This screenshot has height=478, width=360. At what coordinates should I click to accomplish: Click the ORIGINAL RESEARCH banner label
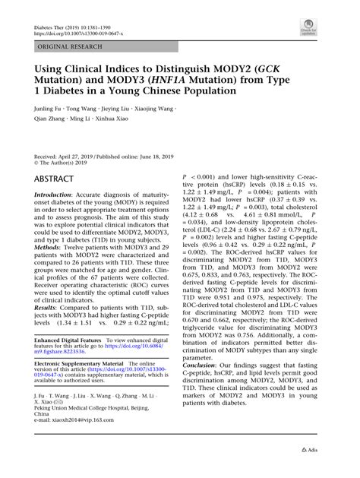pyautogui.click(x=70, y=46)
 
